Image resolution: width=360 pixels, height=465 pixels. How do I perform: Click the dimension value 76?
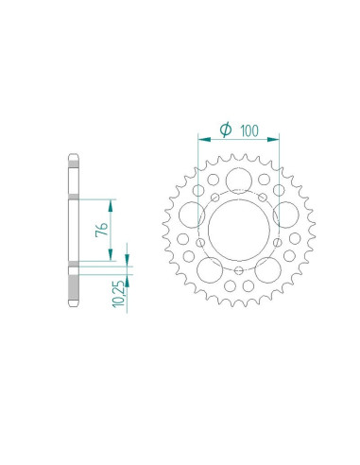point(112,229)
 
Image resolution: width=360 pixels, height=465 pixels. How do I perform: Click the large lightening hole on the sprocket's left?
point(192,214)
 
